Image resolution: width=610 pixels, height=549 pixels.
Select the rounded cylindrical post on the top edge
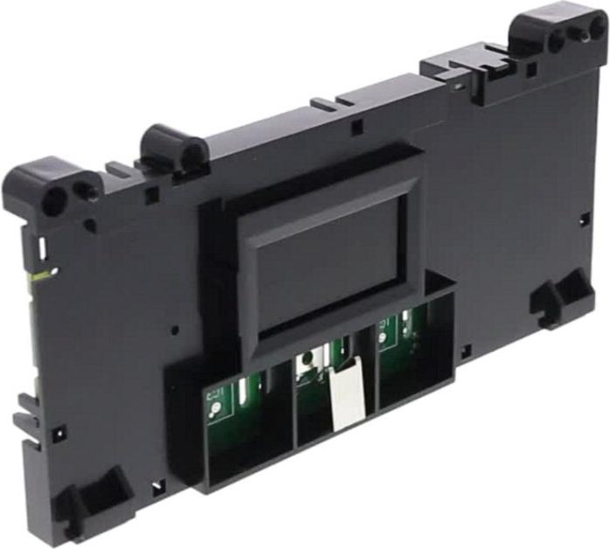coord(172,145)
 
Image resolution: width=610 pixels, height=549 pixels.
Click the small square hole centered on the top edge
coord(356,128)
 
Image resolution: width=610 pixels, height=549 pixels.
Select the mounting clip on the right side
coord(559,298)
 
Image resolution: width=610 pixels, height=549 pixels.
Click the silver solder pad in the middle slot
coord(306,361)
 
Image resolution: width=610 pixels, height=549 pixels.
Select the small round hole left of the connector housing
coord(176,331)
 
